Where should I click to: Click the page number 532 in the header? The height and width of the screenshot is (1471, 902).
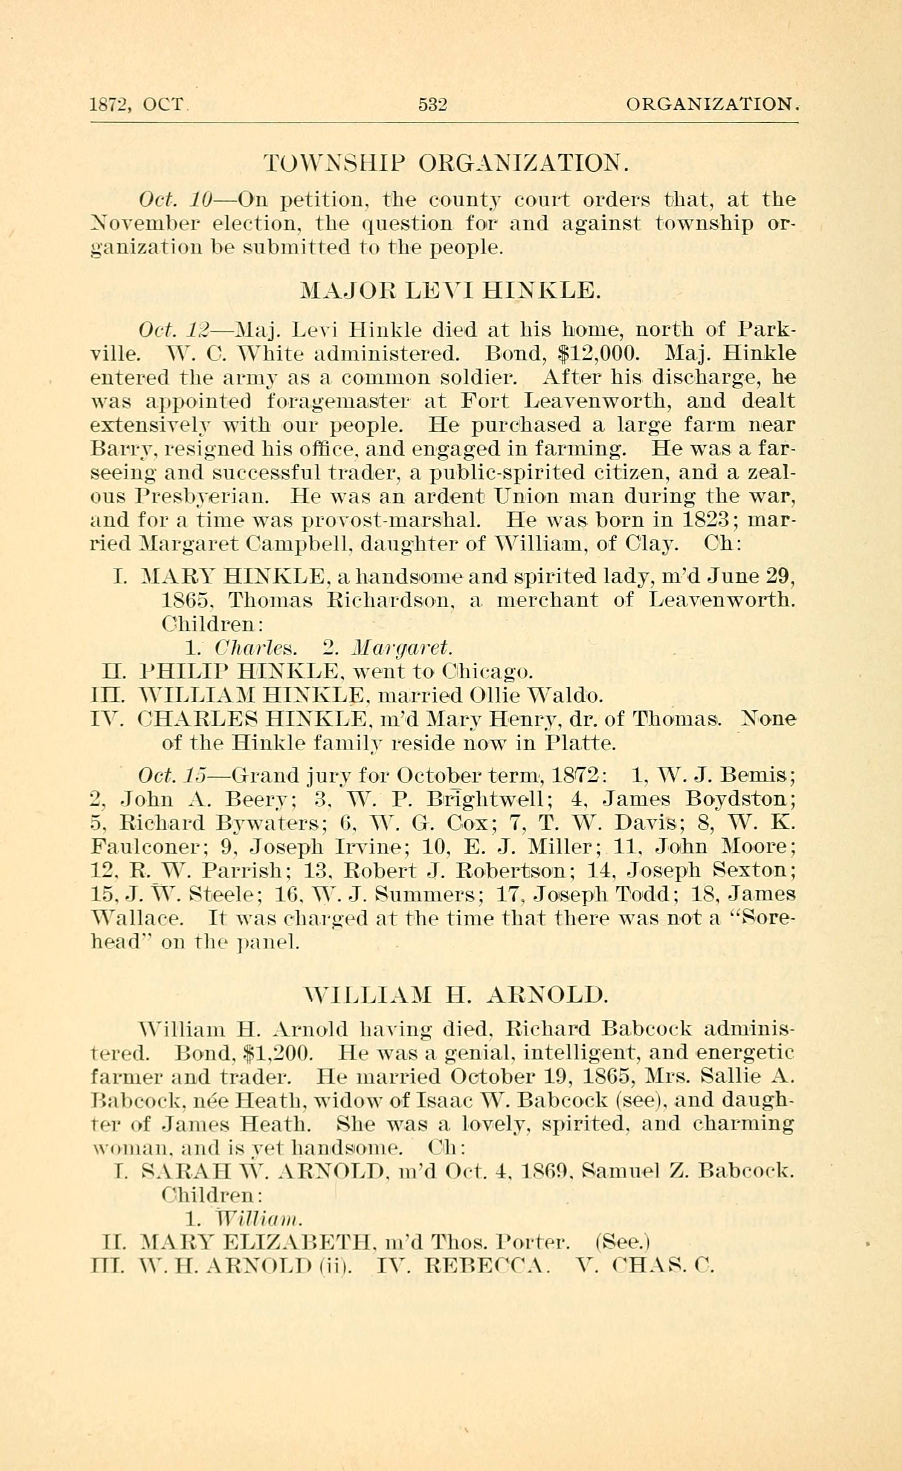[x=432, y=105]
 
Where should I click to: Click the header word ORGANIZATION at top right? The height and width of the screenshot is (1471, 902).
[x=711, y=105]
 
